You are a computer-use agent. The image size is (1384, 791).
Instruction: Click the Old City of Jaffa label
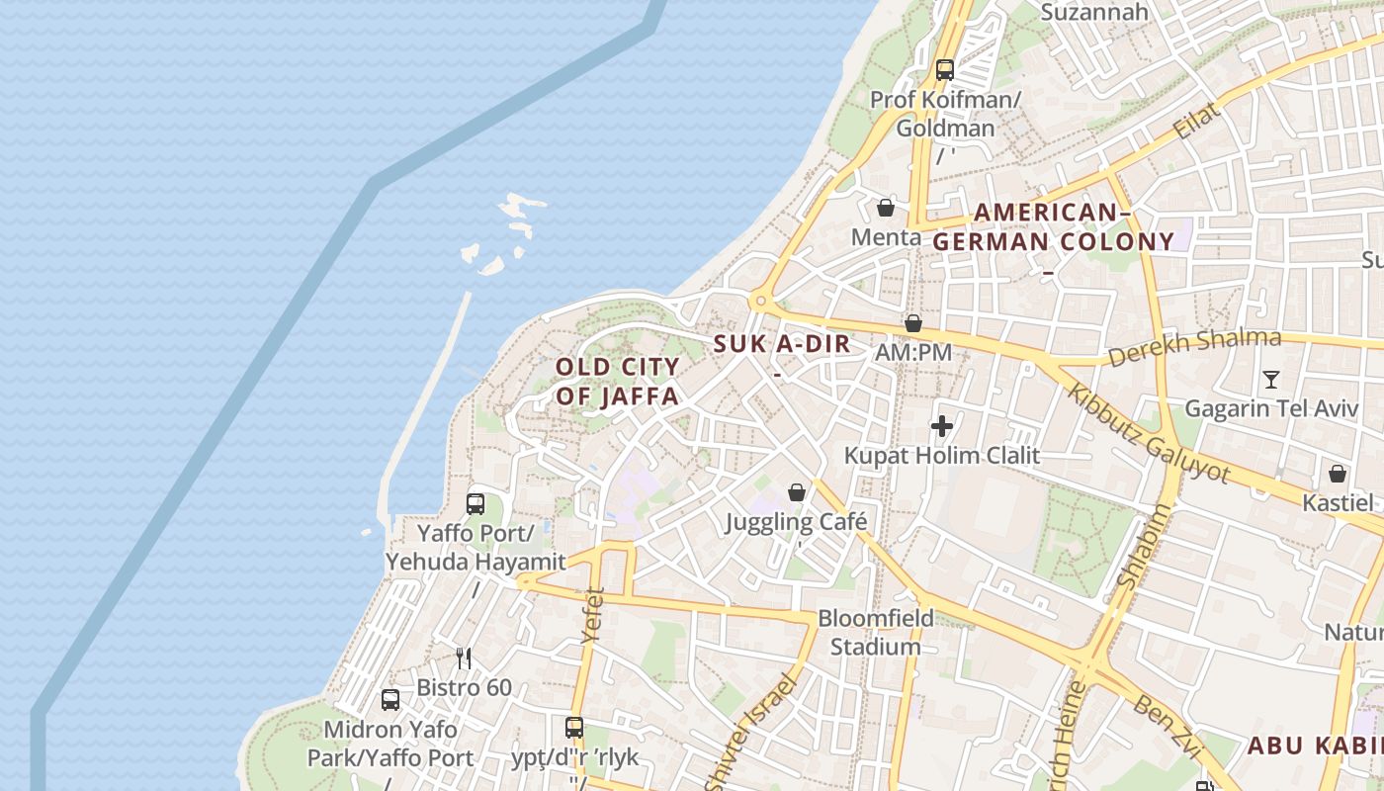617,382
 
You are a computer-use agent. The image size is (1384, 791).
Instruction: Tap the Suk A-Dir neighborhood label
782,345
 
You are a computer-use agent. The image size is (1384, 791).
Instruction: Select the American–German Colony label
1054,227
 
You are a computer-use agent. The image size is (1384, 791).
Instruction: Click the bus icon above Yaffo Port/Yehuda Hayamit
476,504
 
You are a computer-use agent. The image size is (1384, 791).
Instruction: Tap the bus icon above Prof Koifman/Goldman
945,70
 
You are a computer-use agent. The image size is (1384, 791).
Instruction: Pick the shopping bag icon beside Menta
886,208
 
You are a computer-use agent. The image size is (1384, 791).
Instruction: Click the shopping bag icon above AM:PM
913,323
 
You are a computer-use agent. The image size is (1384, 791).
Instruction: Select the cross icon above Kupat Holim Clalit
942,426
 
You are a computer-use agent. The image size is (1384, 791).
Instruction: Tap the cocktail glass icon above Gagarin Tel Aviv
1271,379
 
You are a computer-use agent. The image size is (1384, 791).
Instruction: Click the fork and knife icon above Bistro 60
463,658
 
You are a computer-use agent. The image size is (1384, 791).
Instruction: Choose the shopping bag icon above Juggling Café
797,492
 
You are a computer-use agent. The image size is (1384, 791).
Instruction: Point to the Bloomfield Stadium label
876,633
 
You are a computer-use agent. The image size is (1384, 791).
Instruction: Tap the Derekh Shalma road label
1194,347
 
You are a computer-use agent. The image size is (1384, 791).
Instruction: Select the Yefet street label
592,615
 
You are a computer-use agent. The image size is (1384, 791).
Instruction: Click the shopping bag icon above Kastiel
1338,474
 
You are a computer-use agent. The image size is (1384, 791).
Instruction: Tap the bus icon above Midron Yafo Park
390,700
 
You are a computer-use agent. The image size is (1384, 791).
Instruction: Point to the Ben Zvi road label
1168,724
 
